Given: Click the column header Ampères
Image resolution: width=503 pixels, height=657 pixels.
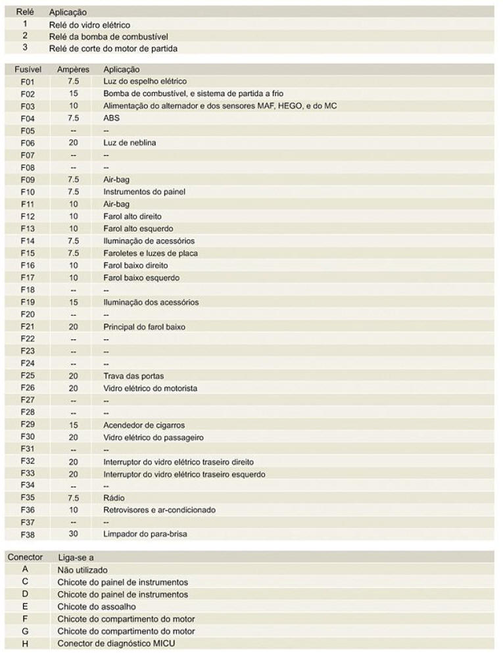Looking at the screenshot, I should [73, 69].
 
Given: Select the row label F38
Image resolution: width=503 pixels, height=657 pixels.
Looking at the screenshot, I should [27, 535].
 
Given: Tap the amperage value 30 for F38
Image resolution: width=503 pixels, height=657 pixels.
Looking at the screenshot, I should [73, 535].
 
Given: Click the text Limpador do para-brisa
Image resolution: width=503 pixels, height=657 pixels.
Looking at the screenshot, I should [145, 535].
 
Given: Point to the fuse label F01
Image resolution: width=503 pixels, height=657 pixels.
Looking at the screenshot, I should [27, 82].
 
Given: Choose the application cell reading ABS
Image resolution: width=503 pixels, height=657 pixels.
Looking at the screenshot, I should [111, 118].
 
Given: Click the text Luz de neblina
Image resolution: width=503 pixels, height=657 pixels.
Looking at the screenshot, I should [130, 143].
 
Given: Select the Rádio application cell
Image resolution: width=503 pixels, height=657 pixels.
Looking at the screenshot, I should [114, 498].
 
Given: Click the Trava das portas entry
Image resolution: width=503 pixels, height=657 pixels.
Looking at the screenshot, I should [133, 376].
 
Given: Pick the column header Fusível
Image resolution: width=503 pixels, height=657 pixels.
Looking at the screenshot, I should [28, 69].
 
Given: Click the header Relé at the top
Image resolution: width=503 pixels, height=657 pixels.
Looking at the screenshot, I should [25, 12].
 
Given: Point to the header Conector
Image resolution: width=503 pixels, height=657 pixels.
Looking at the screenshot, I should [25, 558].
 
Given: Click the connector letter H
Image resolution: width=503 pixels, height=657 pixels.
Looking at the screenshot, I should [25, 644].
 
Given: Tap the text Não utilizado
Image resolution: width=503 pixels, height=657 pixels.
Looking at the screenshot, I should [82, 570].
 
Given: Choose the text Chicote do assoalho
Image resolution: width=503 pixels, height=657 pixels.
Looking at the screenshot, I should [97, 607].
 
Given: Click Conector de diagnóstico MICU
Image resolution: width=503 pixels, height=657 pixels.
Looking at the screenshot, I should [116, 644].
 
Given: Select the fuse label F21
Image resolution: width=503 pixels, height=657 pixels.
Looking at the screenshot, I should [27, 327].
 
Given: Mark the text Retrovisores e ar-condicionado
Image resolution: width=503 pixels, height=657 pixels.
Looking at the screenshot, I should [159, 510].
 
